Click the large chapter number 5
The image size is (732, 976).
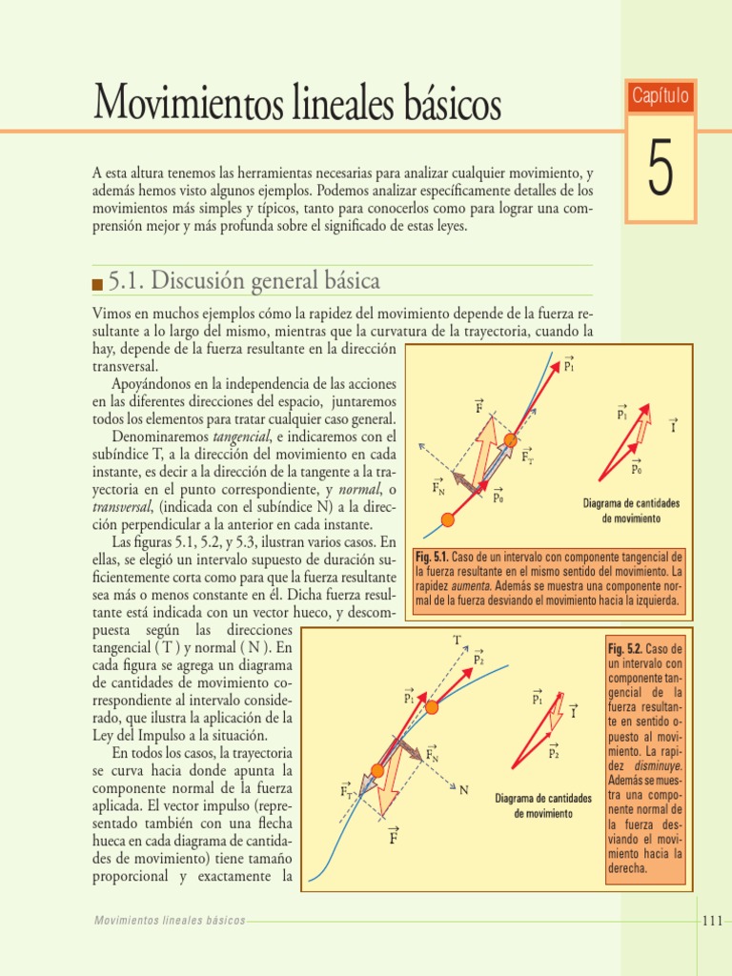(x=661, y=170)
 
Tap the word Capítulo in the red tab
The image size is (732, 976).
(x=661, y=96)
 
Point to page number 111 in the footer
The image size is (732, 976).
(x=712, y=920)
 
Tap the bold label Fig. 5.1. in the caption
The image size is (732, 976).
(x=433, y=557)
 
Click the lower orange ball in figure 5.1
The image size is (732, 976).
(x=449, y=519)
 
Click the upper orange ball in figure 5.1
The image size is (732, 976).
(x=511, y=439)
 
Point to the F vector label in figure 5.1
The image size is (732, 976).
(x=479, y=408)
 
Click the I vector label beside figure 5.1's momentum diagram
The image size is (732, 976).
(x=673, y=426)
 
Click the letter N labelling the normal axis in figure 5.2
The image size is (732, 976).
(x=464, y=790)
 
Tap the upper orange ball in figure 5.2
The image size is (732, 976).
(x=432, y=706)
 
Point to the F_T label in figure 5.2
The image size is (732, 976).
(x=346, y=790)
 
